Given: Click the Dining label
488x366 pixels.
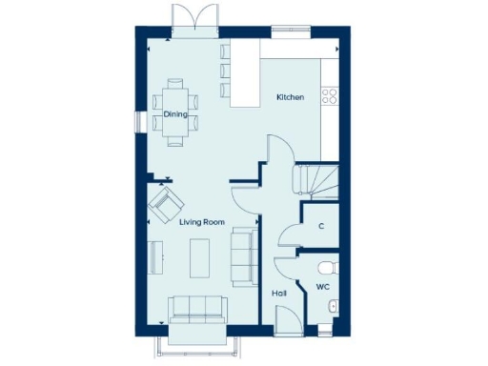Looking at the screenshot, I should click(x=174, y=114).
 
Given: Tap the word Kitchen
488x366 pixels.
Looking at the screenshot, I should click(x=290, y=98).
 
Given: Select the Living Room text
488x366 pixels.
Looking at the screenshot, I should click(x=201, y=221).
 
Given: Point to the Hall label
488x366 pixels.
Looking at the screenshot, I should click(x=279, y=294).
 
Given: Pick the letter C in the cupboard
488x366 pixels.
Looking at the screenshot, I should click(x=321, y=226).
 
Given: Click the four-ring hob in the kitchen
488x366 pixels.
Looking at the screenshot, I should click(x=331, y=94).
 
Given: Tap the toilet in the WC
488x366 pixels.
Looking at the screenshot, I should click(x=326, y=266).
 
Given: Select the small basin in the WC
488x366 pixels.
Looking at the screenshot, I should click(x=330, y=305).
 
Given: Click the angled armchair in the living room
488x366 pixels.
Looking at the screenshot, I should click(x=166, y=202).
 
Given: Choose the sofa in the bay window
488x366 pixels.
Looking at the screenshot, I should click(x=196, y=310).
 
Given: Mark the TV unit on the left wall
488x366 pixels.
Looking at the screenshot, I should click(x=156, y=257).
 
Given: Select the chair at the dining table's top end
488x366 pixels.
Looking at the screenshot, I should click(x=175, y=82).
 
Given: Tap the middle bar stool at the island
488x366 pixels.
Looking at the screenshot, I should click(x=226, y=70).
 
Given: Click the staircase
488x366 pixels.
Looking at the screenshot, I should click(x=315, y=180).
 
